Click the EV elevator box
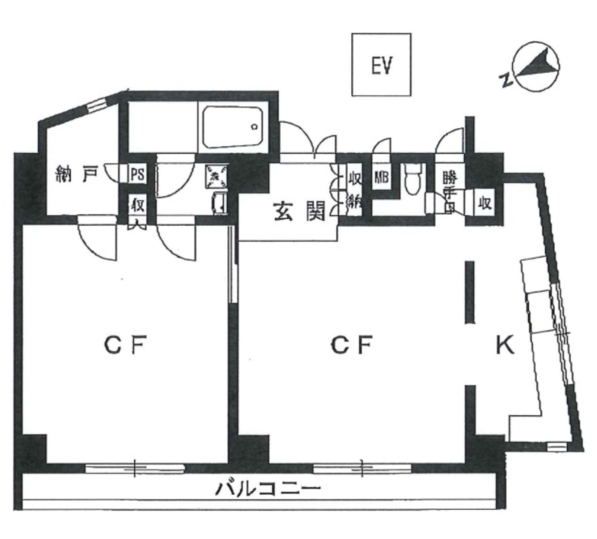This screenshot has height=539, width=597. (382, 65)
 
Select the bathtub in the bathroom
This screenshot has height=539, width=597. (232, 127)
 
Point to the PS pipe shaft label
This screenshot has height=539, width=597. (137, 175)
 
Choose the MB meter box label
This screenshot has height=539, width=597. (381, 178)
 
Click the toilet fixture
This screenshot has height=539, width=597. (412, 180)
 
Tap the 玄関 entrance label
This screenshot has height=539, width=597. (299, 211)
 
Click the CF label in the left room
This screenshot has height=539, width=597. (124, 345)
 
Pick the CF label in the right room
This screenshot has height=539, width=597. (352, 345)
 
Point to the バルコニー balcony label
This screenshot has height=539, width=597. (267, 489)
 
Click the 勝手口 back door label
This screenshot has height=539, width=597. (450, 191)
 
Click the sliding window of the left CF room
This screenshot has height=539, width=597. (135, 468)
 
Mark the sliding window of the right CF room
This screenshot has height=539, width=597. (363, 468)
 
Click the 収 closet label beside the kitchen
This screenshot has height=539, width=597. (485, 203)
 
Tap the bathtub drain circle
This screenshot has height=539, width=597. (254, 127)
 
